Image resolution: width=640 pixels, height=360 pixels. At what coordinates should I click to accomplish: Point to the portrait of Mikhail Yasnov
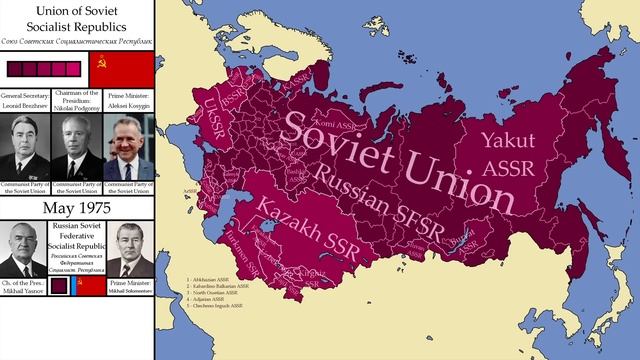coord(24,250)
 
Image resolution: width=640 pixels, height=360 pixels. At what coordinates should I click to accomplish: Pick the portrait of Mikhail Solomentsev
coord(129,250)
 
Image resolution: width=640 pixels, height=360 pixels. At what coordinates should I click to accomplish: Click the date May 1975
coord(77,208)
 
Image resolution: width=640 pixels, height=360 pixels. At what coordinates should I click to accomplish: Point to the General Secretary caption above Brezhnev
coord(25,100)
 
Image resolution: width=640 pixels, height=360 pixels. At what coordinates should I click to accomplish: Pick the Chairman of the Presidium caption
coord(77,100)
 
